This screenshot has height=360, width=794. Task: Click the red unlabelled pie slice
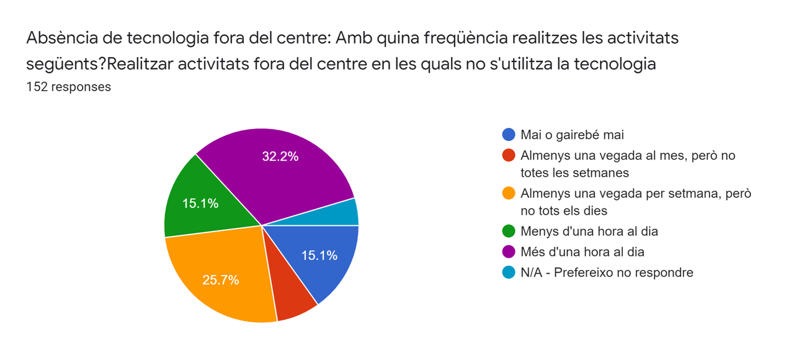[292, 298]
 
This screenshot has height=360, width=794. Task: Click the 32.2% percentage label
[280, 156]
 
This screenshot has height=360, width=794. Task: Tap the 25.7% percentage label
[220, 280]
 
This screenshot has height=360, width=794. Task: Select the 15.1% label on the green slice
[200, 203]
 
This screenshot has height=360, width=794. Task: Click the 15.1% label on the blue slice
[319, 255]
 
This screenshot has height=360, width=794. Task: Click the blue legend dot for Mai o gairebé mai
[509, 135]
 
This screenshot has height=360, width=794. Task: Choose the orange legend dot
[509, 194]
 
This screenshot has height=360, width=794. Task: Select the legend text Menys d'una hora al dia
[589, 232]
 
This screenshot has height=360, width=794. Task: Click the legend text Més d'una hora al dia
[582, 252]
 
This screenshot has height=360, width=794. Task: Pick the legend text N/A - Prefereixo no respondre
[607, 272]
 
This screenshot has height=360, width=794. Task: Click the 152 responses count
[68, 87]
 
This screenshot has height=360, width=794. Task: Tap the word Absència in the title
[61, 38]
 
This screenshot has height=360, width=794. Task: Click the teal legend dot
[509, 272]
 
